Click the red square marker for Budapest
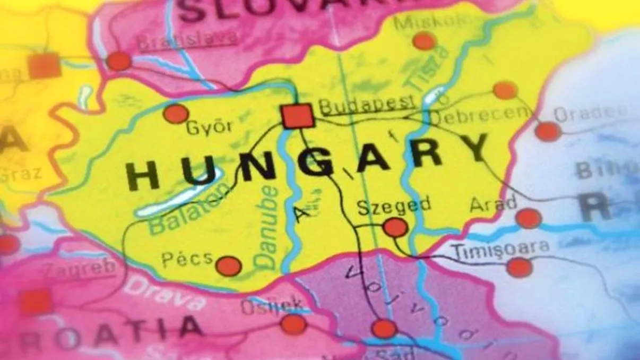tap(298, 116)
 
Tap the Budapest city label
tap(366, 105)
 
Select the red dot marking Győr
tap(176, 113)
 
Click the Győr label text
tap(209, 128)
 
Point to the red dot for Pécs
tap(229, 266)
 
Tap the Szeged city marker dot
tap(395, 227)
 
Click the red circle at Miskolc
tap(424, 41)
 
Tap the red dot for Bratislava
tap(119, 61)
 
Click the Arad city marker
tap(528, 218)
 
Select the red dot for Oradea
tap(548, 131)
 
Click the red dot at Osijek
tap(293, 324)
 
